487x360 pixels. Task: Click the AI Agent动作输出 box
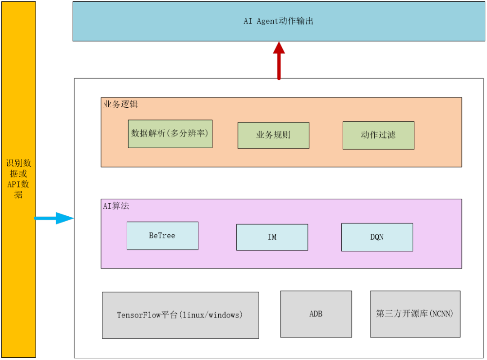[x=278, y=21]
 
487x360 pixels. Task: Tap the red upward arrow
[x=279, y=60]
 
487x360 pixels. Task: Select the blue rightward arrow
[x=54, y=218]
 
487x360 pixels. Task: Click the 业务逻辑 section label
[x=121, y=104]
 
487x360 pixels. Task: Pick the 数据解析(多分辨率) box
[x=170, y=134]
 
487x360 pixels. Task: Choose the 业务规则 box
[x=273, y=135]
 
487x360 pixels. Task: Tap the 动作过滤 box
[x=378, y=135]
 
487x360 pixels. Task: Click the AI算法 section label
[x=116, y=206]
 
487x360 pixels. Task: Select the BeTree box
[x=162, y=236]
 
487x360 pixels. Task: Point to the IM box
[x=272, y=237]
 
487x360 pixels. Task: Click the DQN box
[x=377, y=237]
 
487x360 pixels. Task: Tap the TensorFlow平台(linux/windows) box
[x=180, y=315]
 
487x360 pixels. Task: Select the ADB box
[x=316, y=314]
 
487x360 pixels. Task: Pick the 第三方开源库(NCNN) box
[x=415, y=314]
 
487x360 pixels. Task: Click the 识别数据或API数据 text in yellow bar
[x=18, y=179]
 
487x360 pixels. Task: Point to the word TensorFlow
[x=139, y=315]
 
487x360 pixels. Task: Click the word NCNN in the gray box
[x=441, y=314]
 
